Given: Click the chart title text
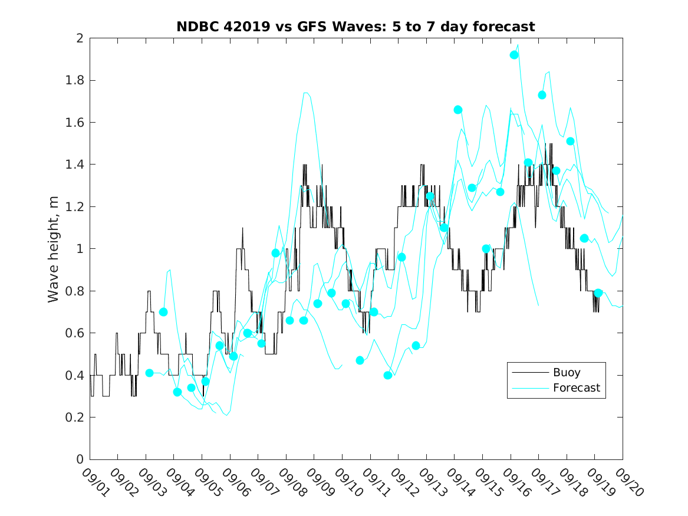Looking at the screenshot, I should point(355,27).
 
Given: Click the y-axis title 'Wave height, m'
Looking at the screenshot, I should point(54,249).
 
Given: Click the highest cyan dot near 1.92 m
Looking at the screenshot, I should point(514,55).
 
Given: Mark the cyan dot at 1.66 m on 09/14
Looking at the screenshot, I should point(458,110).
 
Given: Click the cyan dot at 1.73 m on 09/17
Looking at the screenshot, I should point(542,95).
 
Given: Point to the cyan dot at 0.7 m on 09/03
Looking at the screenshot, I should point(163,312).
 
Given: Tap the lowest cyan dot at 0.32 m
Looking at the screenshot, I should point(177,392).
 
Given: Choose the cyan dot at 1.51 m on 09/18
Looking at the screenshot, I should point(570,141).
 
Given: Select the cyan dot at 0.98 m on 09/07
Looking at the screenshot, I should point(275,253).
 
